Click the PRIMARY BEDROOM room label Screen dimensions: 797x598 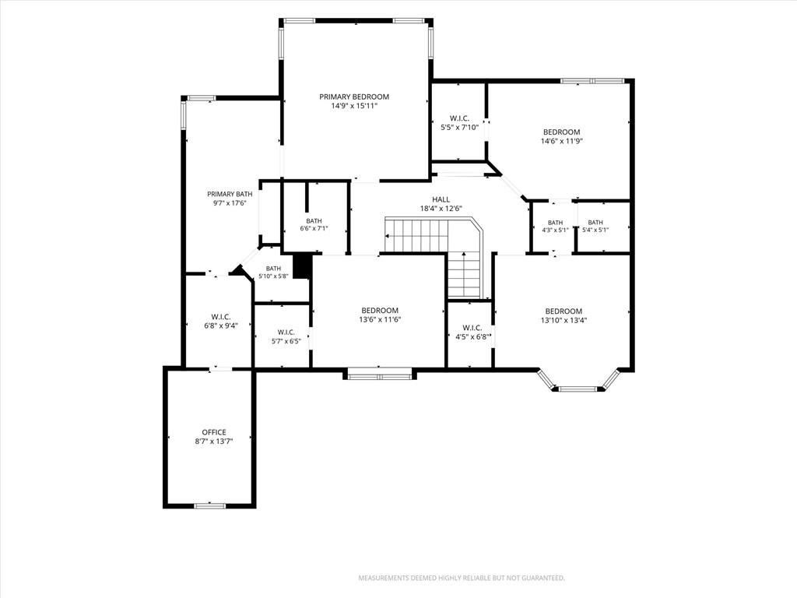click(354, 97)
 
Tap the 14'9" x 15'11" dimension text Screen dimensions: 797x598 click(354, 106)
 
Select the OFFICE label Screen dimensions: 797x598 click(214, 432)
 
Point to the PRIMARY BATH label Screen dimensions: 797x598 click(230, 194)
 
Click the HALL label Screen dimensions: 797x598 click(441, 199)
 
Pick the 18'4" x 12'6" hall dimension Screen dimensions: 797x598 click(441, 209)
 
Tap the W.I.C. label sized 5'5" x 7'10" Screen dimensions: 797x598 click(459, 118)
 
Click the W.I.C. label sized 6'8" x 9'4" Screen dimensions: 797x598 click(221, 317)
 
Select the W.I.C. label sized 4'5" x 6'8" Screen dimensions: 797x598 click(472, 328)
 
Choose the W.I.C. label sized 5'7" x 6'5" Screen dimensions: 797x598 click(286, 332)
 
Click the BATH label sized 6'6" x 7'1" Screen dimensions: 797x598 click(314, 220)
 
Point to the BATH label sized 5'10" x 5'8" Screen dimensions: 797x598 click(273, 269)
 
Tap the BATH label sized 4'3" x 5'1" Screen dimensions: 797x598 click(555, 223)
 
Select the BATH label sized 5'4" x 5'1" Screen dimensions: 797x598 click(595, 222)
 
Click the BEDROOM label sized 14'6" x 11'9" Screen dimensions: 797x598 click(561, 132)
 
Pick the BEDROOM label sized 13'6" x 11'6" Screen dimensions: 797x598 click(380, 311)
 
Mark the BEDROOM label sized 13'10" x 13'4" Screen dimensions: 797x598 click(564, 311)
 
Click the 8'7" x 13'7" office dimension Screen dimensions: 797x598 click(214, 442)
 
